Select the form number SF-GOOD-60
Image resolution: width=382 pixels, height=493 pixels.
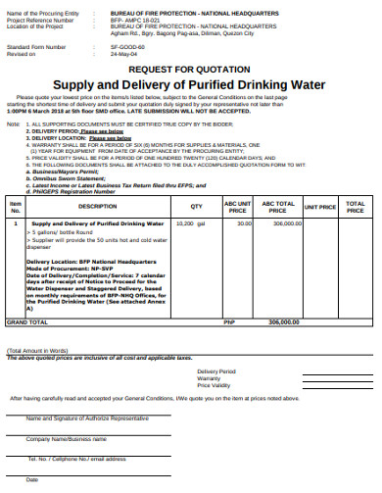coord(126,45)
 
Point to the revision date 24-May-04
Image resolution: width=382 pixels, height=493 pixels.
coord(123,53)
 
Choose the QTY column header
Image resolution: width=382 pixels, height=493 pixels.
coord(196,207)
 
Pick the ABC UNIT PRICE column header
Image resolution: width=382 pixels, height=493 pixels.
coord(236,207)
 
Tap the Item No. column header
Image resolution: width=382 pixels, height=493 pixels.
coord(15,207)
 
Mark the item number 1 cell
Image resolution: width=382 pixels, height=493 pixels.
coord(15,223)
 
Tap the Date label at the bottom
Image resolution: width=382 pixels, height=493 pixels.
coord(32,479)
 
